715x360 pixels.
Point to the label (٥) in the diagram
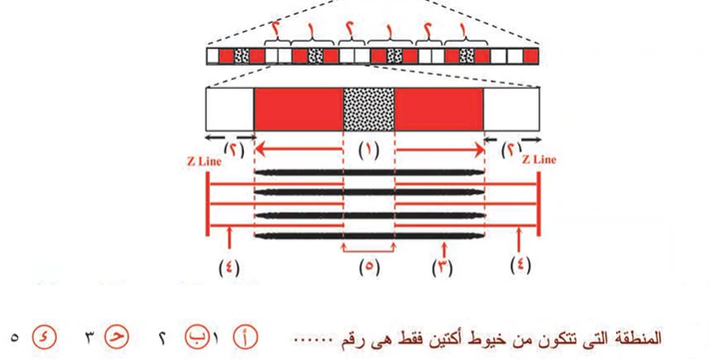368,268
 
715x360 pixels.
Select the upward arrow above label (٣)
445,248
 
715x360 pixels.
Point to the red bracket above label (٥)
368,248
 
